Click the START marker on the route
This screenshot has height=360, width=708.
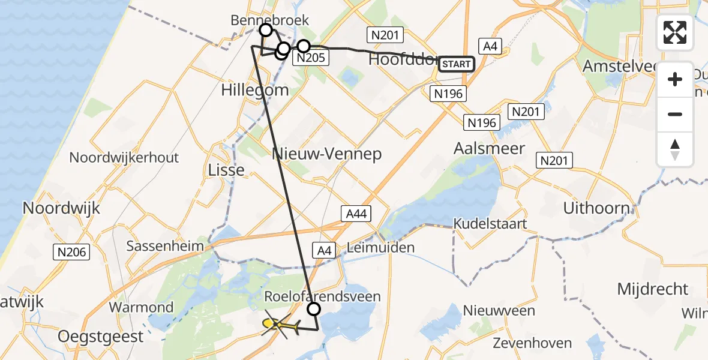pyautogui.click(x=457, y=64)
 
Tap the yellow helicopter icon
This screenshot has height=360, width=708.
pyautogui.click(x=280, y=326)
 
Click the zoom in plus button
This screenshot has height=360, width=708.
pyautogui.click(x=675, y=79)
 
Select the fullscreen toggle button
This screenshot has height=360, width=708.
pyautogui.click(x=675, y=32)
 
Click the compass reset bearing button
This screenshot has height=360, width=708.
pyautogui.click(x=675, y=149)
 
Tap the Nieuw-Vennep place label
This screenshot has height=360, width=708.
pyautogui.click(x=327, y=154)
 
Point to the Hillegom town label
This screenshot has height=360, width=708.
pyautogui.click(x=255, y=91)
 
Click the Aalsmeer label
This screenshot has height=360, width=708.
pyautogui.click(x=490, y=148)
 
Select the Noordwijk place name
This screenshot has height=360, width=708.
pyautogui.click(x=61, y=208)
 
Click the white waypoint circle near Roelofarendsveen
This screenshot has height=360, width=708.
pyautogui.click(x=314, y=309)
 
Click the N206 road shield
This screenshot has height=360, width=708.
pyautogui.click(x=73, y=252)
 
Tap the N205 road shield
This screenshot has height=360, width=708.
pyautogui.click(x=310, y=58)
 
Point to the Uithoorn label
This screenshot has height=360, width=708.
pyautogui.click(x=596, y=208)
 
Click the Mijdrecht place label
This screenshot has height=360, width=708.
pyautogui.click(x=653, y=289)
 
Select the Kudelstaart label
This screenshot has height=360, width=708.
pyautogui.click(x=490, y=224)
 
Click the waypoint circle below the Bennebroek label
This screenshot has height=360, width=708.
pyautogui.click(x=265, y=29)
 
